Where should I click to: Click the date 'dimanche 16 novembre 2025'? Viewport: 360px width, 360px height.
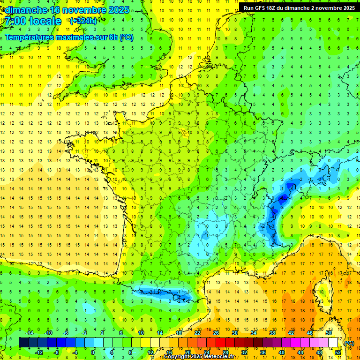pos(66,10)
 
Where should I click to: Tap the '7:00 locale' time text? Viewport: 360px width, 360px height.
pos(32,22)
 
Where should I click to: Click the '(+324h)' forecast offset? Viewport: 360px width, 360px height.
pos(83,21)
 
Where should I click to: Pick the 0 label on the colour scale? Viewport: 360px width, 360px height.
pos(93,352)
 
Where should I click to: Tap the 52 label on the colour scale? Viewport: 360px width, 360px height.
pos(337,352)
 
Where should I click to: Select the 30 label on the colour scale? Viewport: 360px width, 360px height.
pos(234,333)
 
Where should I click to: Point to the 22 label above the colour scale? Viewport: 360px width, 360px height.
pos(197,333)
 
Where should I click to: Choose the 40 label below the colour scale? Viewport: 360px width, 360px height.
pos(281,352)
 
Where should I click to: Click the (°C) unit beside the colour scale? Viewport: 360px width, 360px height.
pos(349,343)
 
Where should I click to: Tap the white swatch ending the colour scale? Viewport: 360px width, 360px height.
pos(333,343)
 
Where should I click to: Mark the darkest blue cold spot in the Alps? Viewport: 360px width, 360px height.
pos(282,198)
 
